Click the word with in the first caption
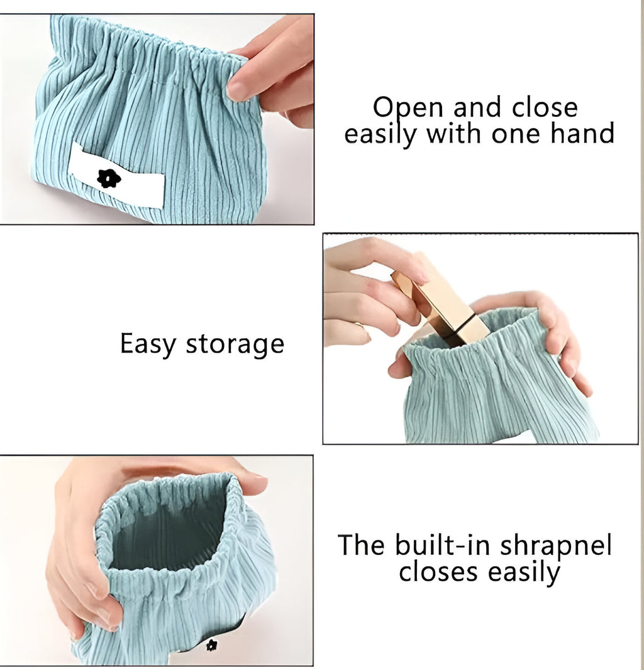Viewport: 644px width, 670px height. pos(455,133)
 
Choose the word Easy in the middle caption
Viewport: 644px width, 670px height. pos(148,344)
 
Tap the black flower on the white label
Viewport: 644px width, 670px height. pos(109,178)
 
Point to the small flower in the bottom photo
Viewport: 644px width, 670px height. pos(211,645)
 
